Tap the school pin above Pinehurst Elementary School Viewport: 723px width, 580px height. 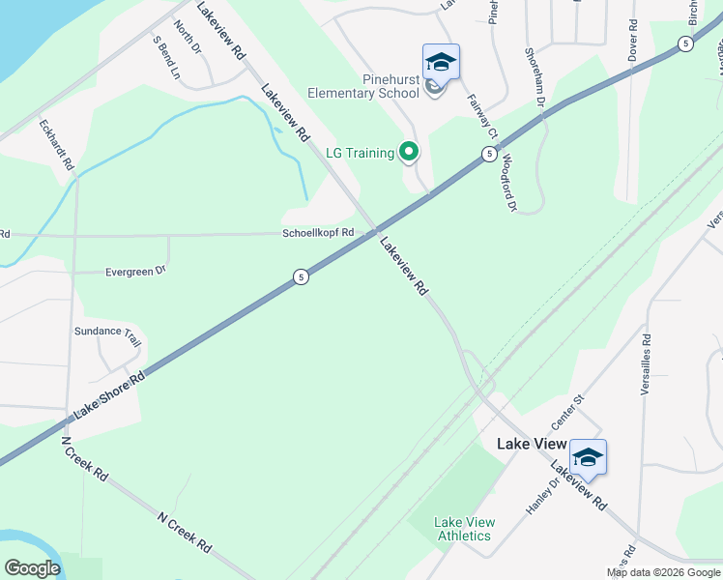(x=441, y=63)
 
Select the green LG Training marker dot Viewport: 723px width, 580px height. (x=409, y=152)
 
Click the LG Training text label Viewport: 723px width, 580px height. (x=360, y=153)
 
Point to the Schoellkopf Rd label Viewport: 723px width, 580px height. (x=318, y=233)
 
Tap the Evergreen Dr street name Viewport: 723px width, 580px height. (x=135, y=272)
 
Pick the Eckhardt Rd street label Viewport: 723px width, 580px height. (x=56, y=146)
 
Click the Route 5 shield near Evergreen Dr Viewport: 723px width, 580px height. (x=302, y=277)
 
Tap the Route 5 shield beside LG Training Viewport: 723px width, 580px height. (x=490, y=154)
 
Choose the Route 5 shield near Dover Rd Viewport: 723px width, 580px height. (x=684, y=43)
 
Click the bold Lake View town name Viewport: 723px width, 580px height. (x=530, y=444)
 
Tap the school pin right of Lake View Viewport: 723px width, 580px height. (x=587, y=457)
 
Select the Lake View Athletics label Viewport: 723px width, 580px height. (x=464, y=529)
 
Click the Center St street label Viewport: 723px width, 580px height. (x=568, y=412)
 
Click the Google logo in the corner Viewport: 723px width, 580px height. (x=32, y=568)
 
